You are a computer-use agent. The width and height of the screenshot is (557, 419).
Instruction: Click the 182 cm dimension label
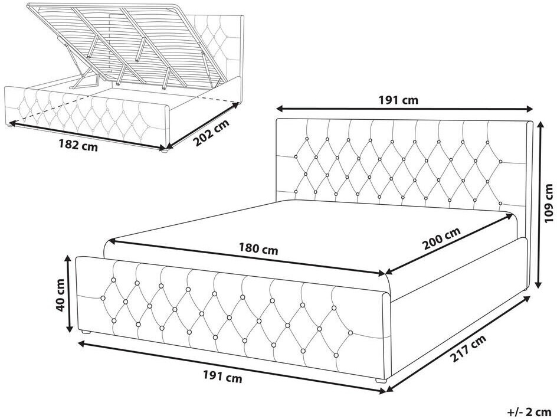[x=78, y=145]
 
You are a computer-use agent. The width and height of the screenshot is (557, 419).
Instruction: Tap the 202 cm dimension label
[x=211, y=133]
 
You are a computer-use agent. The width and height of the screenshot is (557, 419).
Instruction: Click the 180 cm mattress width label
[x=258, y=249]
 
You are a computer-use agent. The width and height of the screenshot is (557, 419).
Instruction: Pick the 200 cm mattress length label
[x=441, y=238]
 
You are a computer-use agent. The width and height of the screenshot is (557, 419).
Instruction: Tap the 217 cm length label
[x=468, y=349]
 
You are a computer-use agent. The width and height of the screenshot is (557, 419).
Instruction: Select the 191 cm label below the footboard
[x=222, y=376]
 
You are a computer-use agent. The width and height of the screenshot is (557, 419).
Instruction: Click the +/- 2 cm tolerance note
[x=529, y=412]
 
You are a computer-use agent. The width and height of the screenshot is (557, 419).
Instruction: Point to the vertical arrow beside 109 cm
[x=539, y=205]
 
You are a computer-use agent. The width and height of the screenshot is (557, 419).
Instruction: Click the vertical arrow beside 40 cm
[x=69, y=294]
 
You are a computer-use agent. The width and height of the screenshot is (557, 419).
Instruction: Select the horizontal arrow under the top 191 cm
[x=405, y=109]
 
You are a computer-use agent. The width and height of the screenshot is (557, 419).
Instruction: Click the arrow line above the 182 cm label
[x=87, y=135]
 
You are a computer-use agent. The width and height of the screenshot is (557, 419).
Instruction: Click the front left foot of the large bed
[x=86, y=332]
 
